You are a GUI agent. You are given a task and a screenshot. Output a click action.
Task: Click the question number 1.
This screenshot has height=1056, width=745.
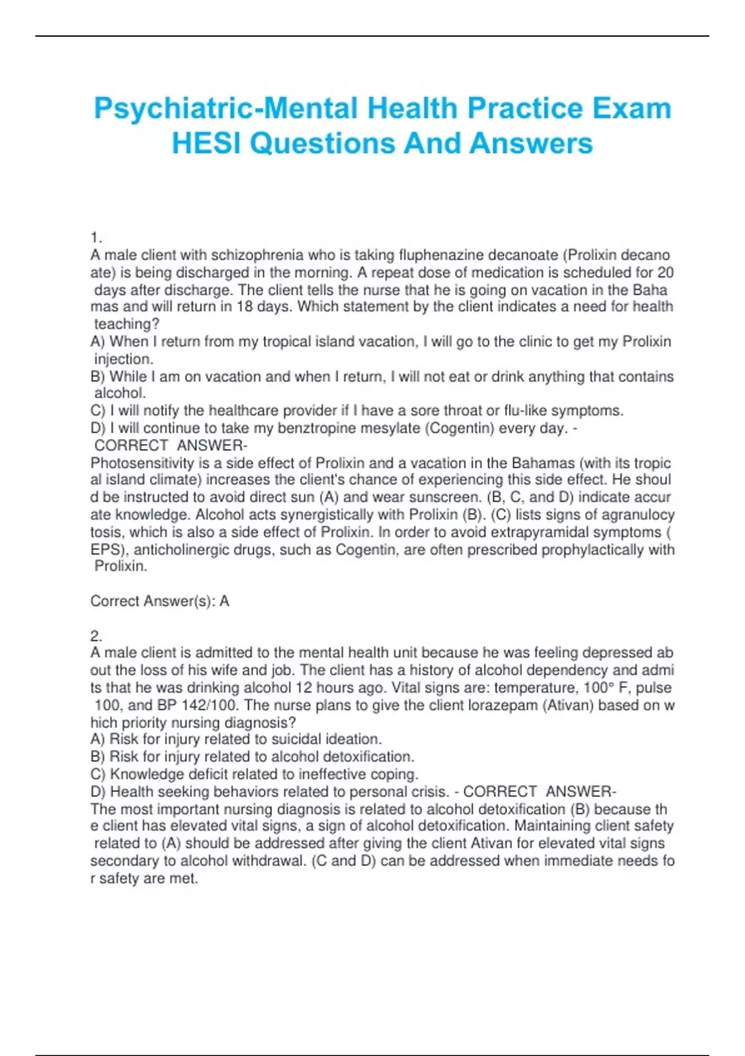[x=96, y=238]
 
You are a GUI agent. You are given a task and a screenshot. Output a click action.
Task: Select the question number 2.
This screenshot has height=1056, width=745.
[x=96, y=636]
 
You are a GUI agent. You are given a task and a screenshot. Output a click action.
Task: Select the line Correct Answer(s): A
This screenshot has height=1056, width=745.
[x=160, y=601]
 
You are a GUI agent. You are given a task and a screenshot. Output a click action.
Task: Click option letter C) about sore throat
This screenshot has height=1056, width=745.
[x=97, y=411]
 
